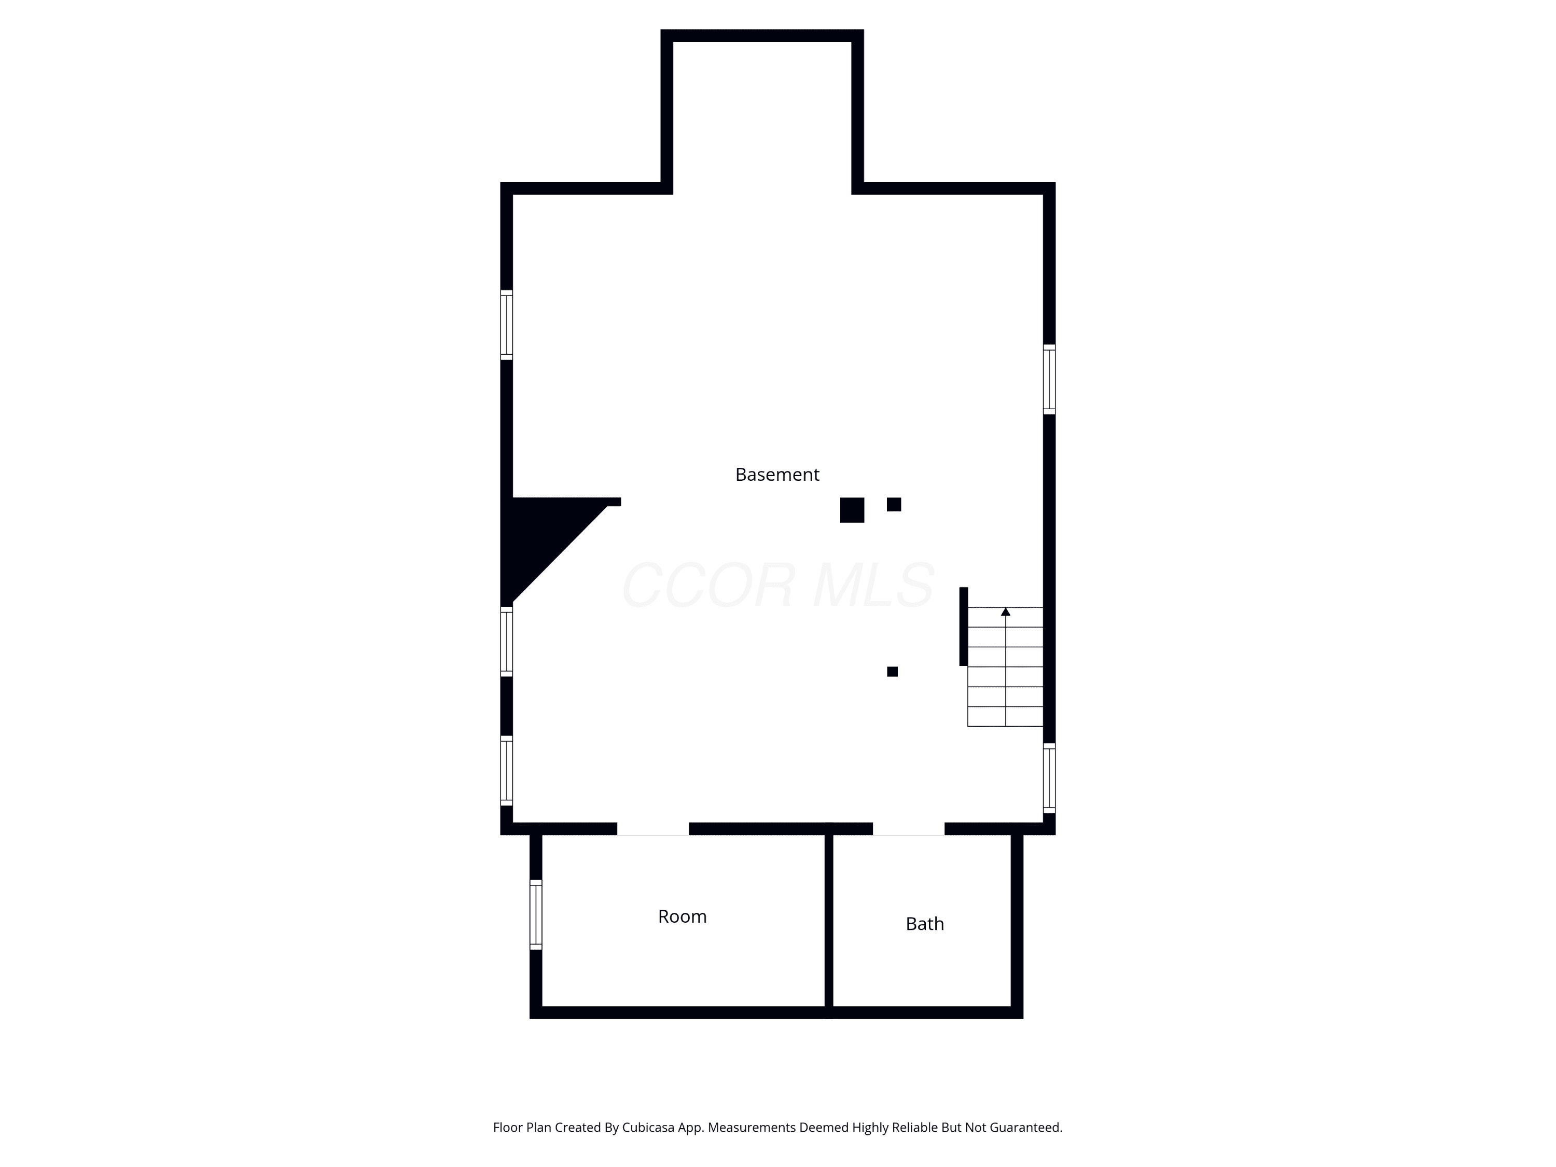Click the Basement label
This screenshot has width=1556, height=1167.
click(777, 475)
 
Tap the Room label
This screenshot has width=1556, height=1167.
click(683, 916)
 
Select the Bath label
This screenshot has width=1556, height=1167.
click(925, 924)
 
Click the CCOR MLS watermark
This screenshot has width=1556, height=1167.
click(778, 585)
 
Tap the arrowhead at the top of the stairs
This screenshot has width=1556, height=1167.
click(1006, 612)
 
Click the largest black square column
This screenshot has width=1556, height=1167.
click(852, 510)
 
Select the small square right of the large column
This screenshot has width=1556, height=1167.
click(894, 504)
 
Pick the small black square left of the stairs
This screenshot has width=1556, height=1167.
click(893, 672)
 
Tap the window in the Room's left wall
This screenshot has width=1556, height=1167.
click(536, 914)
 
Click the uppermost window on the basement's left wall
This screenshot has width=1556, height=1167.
click(506, 325)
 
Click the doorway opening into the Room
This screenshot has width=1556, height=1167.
click(653, 829)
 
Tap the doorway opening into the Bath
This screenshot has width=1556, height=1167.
click(909, 829)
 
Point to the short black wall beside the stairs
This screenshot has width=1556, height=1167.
click(964, 626)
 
